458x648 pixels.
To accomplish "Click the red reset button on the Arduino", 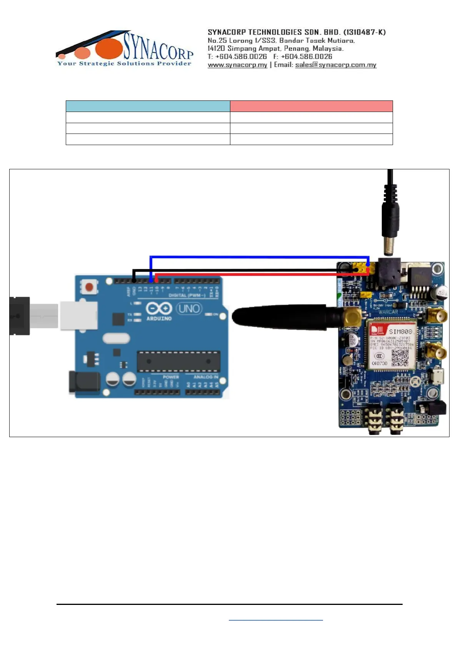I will [89, 287].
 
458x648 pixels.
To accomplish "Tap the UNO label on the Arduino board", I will [189, 309].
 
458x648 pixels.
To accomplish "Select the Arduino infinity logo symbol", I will [158, 309].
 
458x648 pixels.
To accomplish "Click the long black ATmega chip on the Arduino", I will [178, 361].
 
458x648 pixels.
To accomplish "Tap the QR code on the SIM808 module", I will [400, 358].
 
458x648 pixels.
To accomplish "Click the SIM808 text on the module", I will [400, 331].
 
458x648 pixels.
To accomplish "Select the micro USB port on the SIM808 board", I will [438, 376].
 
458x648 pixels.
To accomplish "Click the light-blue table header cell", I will [148, 106].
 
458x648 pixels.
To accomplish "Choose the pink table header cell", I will [311, 106].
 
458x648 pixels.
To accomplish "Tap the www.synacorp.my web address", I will [237, 65].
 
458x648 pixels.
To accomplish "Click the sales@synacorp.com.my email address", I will [336, 65].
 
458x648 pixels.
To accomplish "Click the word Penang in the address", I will [296, 48].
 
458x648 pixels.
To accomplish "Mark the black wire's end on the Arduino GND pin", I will [134, 281].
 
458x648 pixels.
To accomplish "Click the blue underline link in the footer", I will [276, 620].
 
